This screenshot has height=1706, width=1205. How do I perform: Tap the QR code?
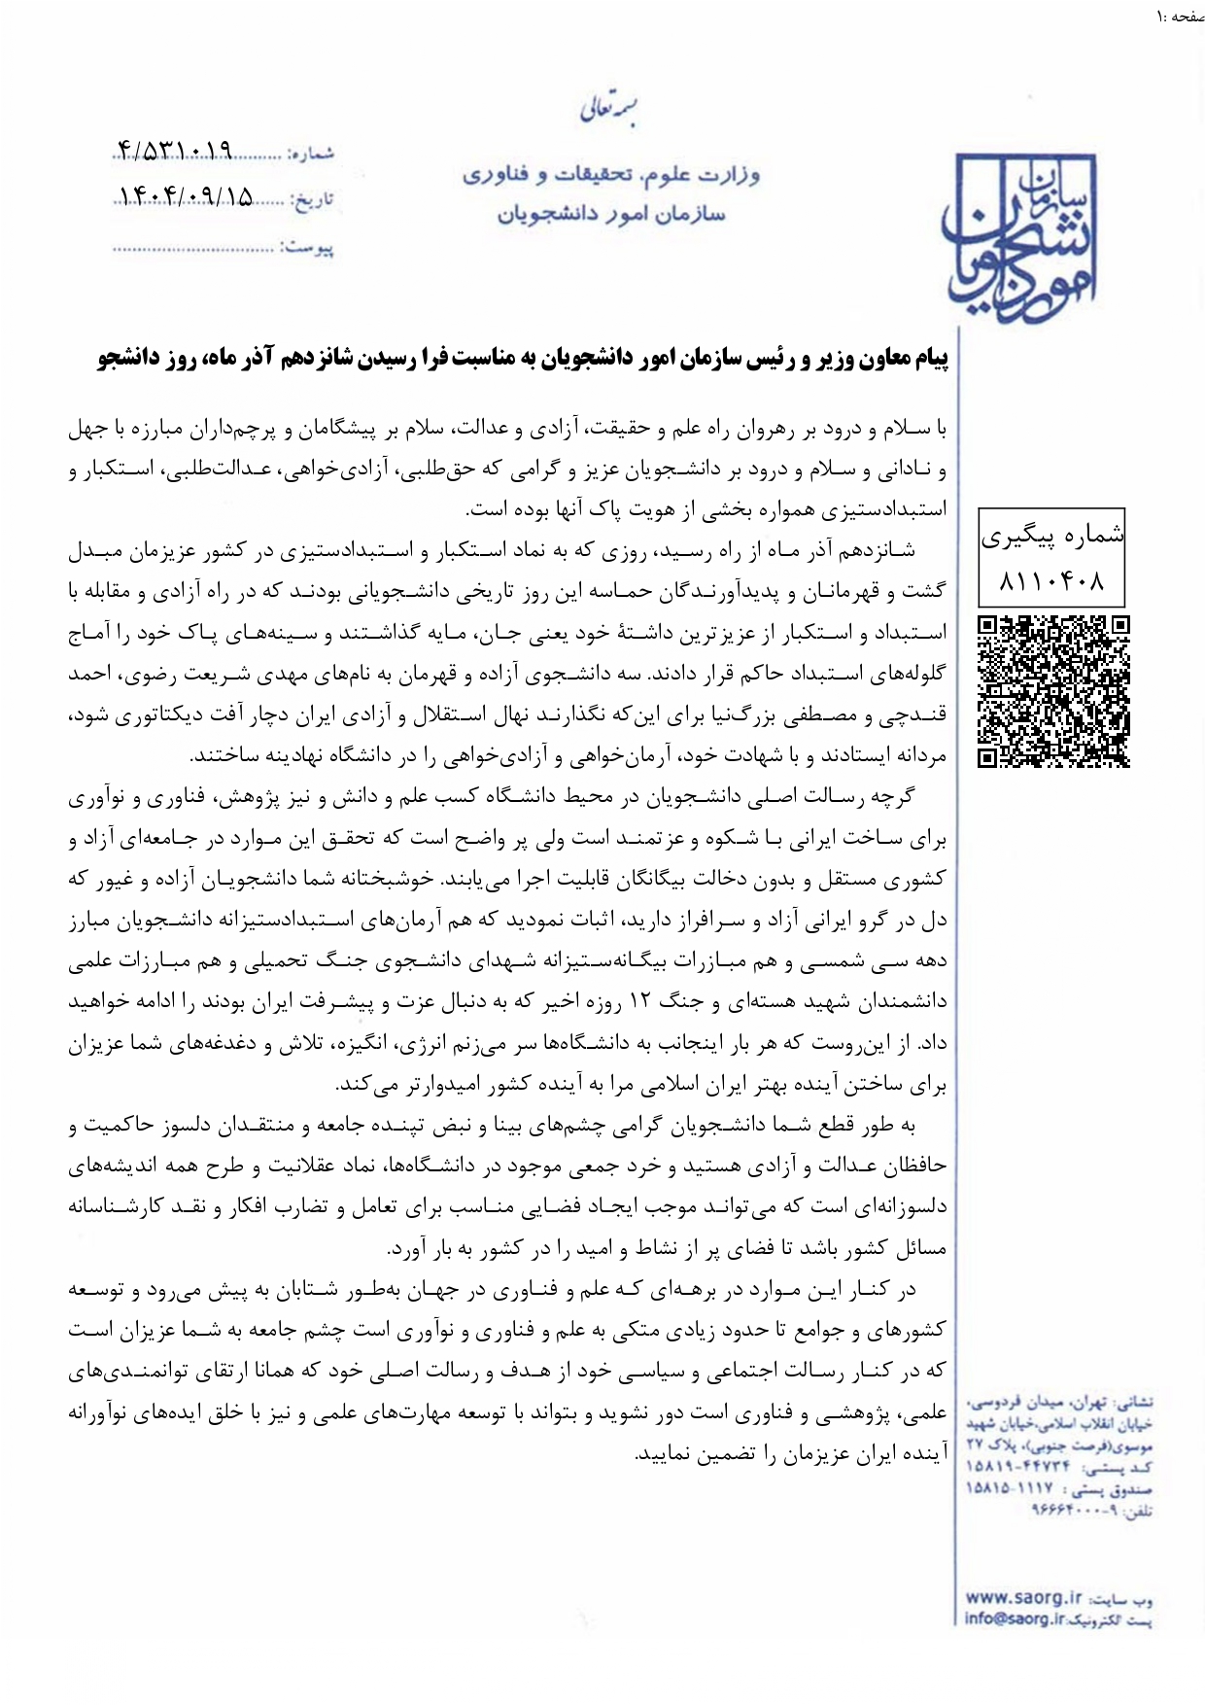pyautogui.click(x=1053, y=691)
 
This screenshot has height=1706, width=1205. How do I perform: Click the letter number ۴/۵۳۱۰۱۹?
pyautogui.click(x=175, y=152)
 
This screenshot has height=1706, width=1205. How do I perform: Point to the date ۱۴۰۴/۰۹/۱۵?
pyautogui.click(x=185, y=197)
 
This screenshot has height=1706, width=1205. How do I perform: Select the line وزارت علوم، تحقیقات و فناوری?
pyautogui.click(x=610, y=175)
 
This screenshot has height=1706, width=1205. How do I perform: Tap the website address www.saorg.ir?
pyautogui.click(x=1023, y=1596)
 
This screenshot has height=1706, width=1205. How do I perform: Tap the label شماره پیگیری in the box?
pyautogui.click(x=1052, y=536)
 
